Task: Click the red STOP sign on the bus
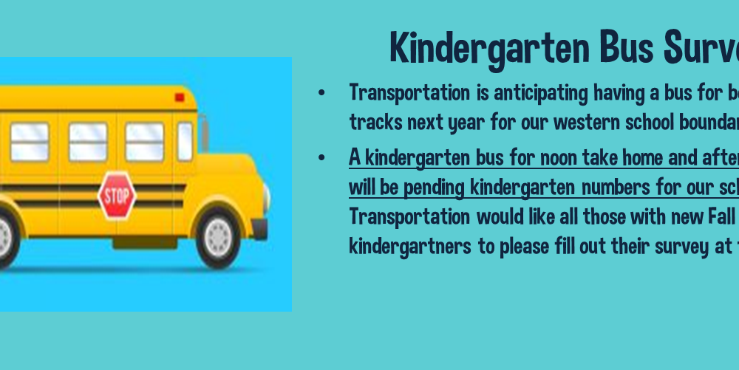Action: click(x=117, y=196)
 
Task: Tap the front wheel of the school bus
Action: click(x=218, y=236)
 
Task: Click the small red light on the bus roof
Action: click(x=180, y=97)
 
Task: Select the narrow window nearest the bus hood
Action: click(x=185, y=142)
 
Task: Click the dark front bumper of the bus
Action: click(x=259, y=229)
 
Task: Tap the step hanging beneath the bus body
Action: click(x=145, y=243)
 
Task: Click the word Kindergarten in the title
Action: click(x=490, y=49)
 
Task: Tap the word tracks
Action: click(x=375, y=123)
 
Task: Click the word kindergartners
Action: click(x=410, y=247)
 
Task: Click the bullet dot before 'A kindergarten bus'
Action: click(x=321, y=158)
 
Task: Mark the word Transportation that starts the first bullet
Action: click(x=409, y=93)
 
